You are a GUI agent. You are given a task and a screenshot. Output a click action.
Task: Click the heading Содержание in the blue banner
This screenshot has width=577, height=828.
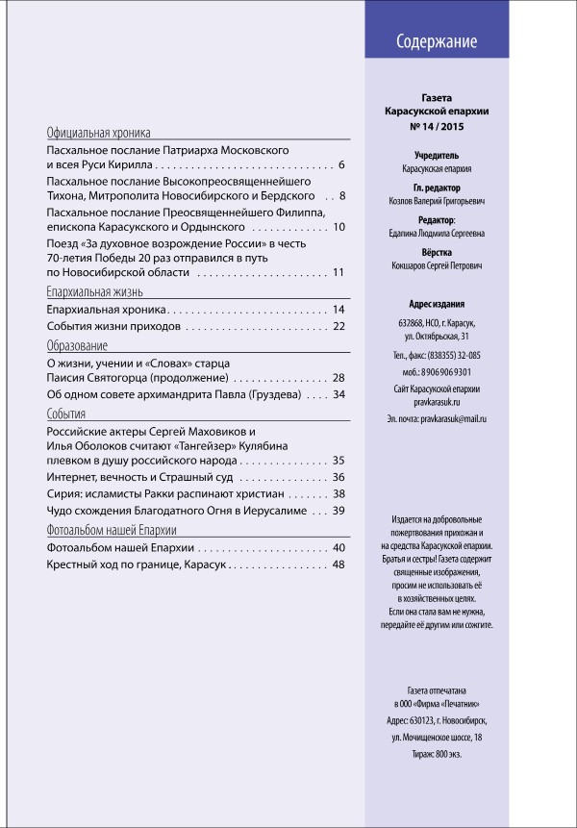438,42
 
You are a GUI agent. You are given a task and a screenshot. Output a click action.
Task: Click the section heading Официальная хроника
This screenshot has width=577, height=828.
106,133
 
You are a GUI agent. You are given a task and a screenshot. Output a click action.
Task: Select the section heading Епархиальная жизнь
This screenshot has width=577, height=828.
95,290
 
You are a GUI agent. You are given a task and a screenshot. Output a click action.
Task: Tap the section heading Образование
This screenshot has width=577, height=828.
77,345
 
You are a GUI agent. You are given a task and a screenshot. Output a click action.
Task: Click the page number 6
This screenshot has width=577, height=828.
341,166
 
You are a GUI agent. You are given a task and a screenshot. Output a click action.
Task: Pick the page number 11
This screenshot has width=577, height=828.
339,273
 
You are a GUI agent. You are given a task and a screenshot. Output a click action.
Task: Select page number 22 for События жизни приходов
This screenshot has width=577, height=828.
339,327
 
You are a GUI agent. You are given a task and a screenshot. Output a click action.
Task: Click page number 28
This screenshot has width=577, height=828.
339,378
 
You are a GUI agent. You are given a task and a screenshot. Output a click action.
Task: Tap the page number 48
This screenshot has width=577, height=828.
339,565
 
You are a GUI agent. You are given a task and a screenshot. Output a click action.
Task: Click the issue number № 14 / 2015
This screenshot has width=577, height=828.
442,126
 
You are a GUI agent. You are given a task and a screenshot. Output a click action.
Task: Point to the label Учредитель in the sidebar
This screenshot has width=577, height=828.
442,154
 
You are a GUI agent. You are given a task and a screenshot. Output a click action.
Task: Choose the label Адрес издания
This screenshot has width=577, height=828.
442,302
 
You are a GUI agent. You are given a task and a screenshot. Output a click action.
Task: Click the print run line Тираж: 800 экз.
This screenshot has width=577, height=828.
442,754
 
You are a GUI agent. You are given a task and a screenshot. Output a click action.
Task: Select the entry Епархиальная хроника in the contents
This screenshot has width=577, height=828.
108,310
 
